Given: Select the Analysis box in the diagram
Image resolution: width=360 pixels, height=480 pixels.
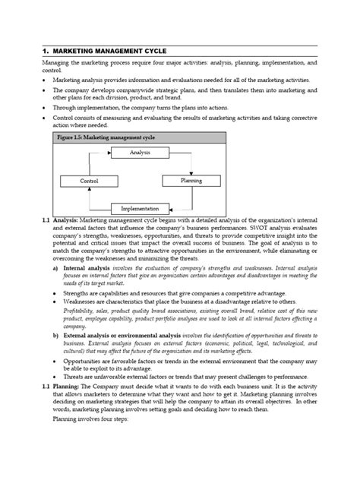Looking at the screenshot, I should click(x=140, y=153).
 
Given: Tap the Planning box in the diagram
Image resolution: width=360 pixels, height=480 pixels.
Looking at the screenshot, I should click(x=191, y=182).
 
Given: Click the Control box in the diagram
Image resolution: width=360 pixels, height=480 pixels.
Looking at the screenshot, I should click(x=90, y=182).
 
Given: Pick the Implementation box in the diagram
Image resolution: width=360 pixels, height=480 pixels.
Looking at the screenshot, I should click(x=140, y=208).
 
